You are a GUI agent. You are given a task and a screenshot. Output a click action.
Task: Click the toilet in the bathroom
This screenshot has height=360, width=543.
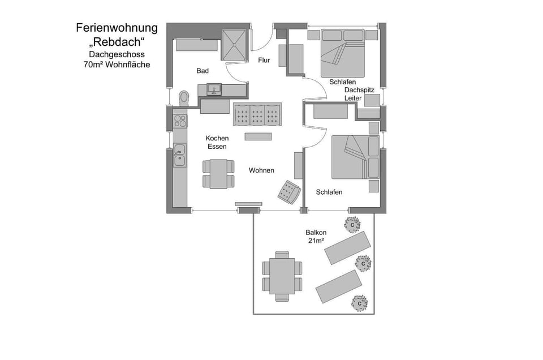184,98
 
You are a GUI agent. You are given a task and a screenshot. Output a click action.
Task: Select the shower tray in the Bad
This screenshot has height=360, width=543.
234,45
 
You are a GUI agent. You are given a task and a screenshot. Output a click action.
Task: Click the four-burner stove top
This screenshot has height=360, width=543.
180,121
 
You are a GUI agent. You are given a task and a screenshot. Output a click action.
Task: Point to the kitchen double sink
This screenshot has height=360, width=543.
179,155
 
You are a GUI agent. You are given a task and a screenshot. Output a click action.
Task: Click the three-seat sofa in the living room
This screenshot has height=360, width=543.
257,114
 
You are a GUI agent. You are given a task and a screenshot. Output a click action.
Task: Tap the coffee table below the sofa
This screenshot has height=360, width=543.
258,136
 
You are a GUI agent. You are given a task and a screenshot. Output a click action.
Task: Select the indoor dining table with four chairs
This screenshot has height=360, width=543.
218,174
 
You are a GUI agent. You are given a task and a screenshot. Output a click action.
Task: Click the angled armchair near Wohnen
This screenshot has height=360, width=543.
289,191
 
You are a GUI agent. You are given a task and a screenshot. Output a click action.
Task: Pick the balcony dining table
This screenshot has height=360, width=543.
282,276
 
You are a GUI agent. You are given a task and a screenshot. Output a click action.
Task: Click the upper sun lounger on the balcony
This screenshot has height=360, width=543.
347,248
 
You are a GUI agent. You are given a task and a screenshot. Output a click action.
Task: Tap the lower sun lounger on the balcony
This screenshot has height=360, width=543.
339,286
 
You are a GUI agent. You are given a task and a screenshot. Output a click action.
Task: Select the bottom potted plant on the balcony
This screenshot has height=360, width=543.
360,303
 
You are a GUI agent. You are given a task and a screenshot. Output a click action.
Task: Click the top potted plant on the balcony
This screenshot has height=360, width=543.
352,225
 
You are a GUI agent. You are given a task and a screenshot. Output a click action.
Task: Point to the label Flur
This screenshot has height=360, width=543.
264,60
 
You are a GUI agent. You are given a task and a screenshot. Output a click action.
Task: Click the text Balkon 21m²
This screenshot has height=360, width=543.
316,236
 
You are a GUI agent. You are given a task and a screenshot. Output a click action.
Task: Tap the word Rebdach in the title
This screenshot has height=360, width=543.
117,42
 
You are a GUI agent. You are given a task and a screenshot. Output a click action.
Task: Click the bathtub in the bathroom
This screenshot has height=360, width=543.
197,45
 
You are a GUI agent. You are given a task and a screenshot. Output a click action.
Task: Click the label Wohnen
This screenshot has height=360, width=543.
261,170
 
